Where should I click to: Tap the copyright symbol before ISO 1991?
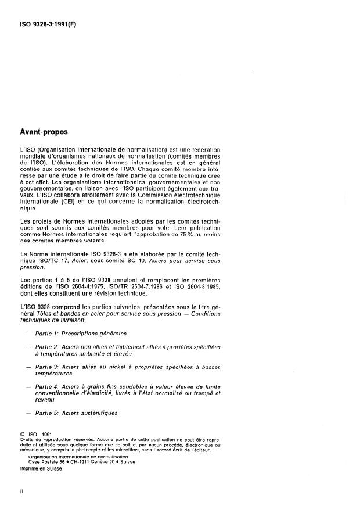coord(23,433)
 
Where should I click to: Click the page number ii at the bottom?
coord(21,490)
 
